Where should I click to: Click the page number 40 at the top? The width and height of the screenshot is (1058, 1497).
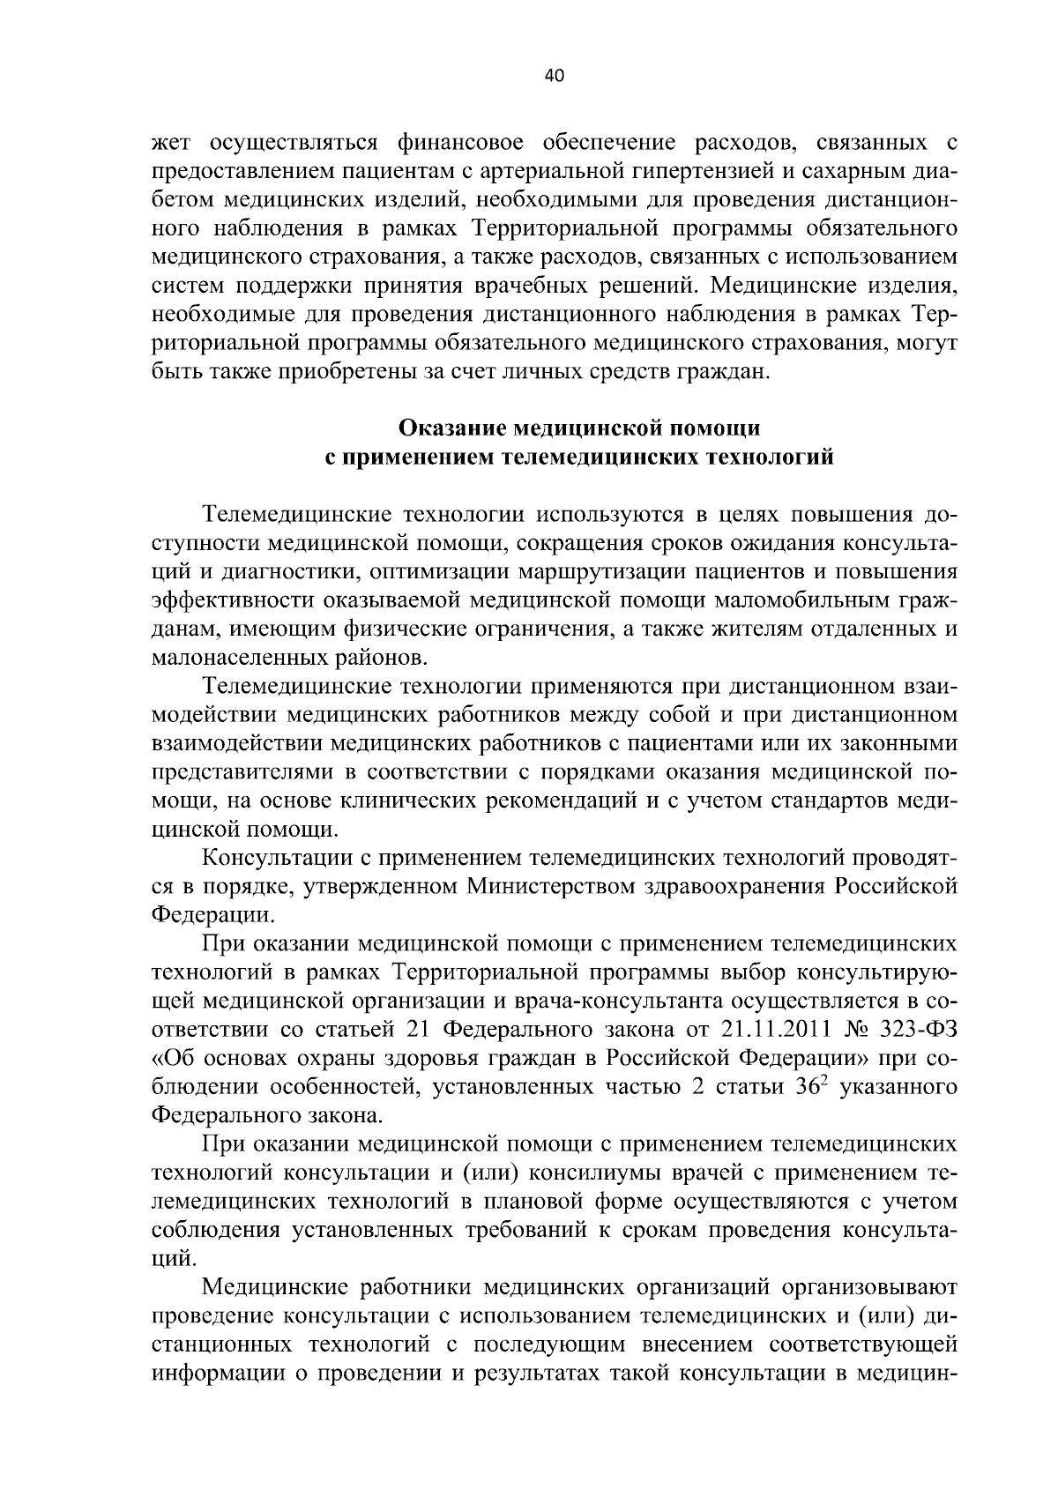555,76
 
